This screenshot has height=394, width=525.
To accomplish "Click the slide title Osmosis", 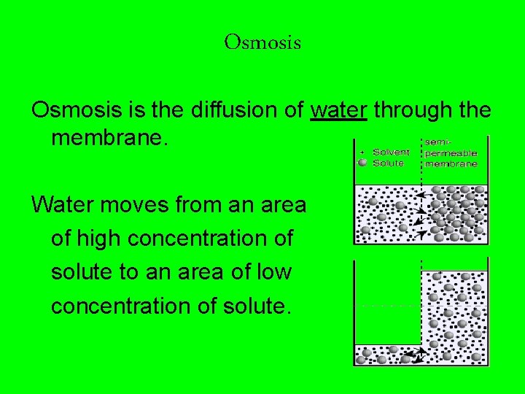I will point(262,42).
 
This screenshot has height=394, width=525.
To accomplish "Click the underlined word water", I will point(338,110).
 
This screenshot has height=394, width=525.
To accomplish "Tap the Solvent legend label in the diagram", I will point(391,152).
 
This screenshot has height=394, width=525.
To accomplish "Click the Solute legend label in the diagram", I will point(388,163).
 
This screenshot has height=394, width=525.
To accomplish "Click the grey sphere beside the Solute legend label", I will point(362,163).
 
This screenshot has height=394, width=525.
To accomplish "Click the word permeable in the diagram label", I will point(451,153).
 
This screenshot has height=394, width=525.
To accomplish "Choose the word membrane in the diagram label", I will point(451,163).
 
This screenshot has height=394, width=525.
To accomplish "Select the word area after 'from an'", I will point(281,204).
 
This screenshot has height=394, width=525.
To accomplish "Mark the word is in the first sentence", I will point(131,110).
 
